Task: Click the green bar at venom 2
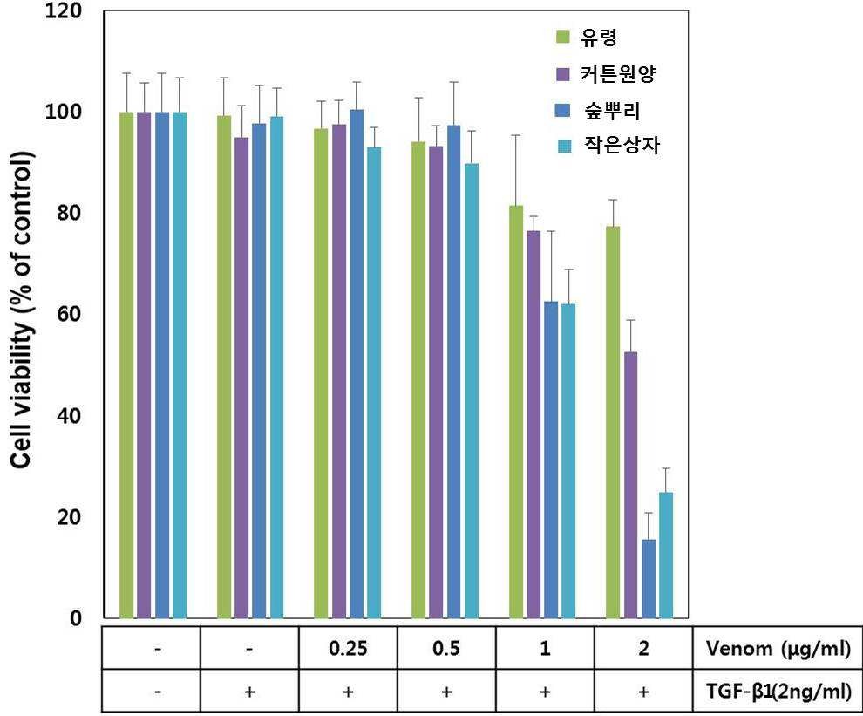coord(613,422)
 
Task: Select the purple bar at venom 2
coord(631,485)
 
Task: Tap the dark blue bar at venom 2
coord(649,578)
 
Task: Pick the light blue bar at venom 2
coord(666,556)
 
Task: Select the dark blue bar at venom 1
coord(551,460)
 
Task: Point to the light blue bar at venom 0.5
coord(472,391)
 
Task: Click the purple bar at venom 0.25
coord(339,372)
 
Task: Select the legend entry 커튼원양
coord(606,74)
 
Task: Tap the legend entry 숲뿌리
coord(598,111)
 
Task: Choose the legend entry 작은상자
coord(608,146)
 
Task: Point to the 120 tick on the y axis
coord(64,10)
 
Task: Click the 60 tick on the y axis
coord(70,314)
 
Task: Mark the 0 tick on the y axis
coord(76,618)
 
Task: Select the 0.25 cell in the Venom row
coord(348,648)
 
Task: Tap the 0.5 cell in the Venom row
coord(446,648)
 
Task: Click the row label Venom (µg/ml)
coord(778,648)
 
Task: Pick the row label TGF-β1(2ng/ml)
coord(778,691)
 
